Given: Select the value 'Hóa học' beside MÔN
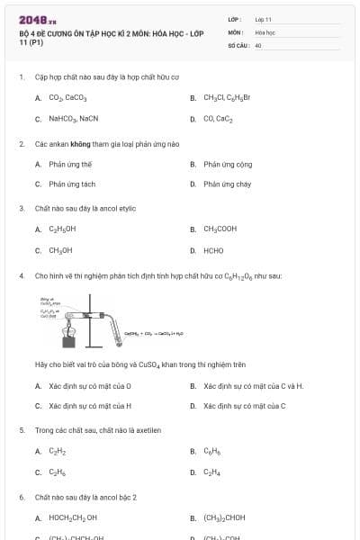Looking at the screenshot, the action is click(265, 31).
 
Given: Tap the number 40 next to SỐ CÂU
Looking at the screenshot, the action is click(258, 44).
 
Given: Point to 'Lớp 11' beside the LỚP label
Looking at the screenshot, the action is click(263, 19).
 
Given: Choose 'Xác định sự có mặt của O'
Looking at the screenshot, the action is click(90, 386).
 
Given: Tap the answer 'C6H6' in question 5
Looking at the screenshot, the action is click(211, 451).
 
